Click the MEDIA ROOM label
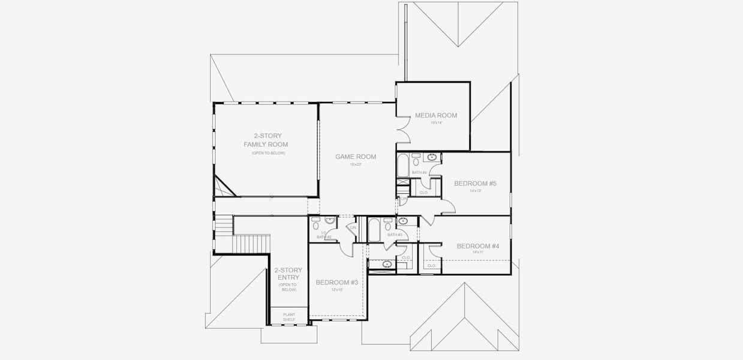pos(436,115)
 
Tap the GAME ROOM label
pos(356,157)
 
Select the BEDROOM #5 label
pos(475,183)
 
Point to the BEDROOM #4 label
pos(478,245)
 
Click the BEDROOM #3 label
pos(336,282)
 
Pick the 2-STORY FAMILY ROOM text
pos(266,140)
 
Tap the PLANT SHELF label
pos(289,317)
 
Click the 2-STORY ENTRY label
pos(288,274)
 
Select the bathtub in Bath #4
pos(402,164)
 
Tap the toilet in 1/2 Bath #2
pos(316,226)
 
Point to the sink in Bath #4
pos(432,158)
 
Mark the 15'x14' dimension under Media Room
pos(436,123)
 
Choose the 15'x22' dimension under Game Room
pos(356,164)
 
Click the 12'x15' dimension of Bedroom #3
pos(336,289)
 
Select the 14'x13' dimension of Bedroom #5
pos(475,191)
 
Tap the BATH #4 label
pos(419,173)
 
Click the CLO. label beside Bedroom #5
pos(424,193)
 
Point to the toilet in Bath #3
pos(388,226)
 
